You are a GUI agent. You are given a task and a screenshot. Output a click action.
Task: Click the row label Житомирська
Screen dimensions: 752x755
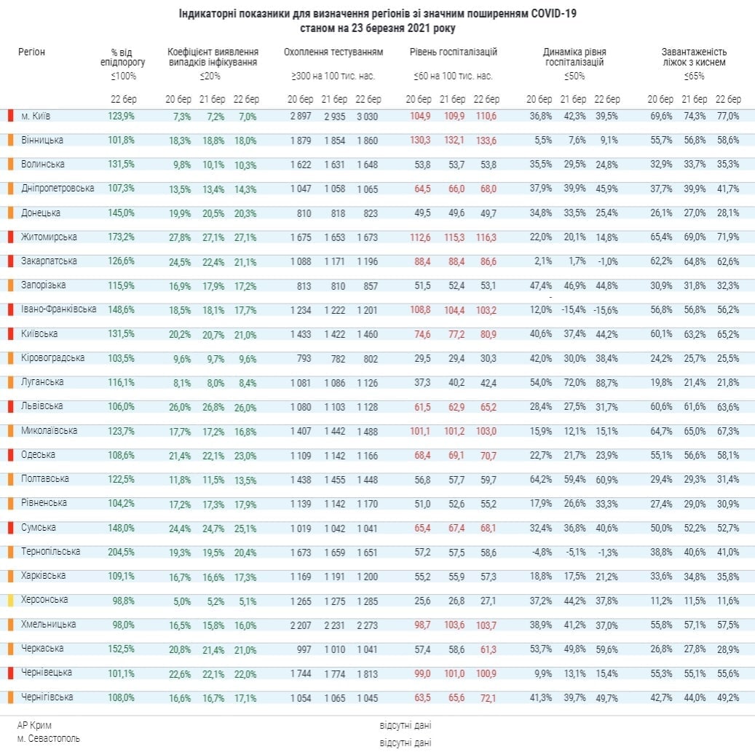tap(45, 237)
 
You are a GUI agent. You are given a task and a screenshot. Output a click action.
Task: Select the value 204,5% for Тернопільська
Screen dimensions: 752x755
tap(122, 552)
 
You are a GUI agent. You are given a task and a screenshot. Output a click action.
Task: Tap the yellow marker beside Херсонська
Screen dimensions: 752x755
tap(10, 601)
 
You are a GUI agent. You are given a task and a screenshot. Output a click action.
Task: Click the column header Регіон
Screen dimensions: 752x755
tap(32, 52)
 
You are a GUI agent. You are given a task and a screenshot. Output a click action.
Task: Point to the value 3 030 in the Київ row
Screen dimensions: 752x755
tap(368, 116)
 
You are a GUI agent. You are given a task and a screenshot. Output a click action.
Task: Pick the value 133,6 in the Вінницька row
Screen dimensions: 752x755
tap(486, 140)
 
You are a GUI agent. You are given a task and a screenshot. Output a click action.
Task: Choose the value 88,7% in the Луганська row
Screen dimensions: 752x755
tap(606, 382)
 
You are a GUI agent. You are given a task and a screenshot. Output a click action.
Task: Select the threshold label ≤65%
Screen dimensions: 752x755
tap(694, 76)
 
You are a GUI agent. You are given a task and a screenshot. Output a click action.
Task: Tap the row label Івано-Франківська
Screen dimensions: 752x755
tap(58, 309)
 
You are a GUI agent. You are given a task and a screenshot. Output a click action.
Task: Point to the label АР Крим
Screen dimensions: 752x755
tap(35, 725)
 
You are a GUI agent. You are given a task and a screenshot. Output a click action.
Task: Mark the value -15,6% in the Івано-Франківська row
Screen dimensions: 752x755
tap(606, 310)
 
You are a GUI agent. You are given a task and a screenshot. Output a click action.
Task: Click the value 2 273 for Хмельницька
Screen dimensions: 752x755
tap(368, 625)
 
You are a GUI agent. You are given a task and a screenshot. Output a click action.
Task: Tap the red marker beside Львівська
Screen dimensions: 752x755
tap(10, 406)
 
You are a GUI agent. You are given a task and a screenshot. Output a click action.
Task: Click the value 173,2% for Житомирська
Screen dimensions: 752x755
tap(122, 237)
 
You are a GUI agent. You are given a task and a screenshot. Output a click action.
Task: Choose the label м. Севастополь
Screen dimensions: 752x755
tap(49, 738)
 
